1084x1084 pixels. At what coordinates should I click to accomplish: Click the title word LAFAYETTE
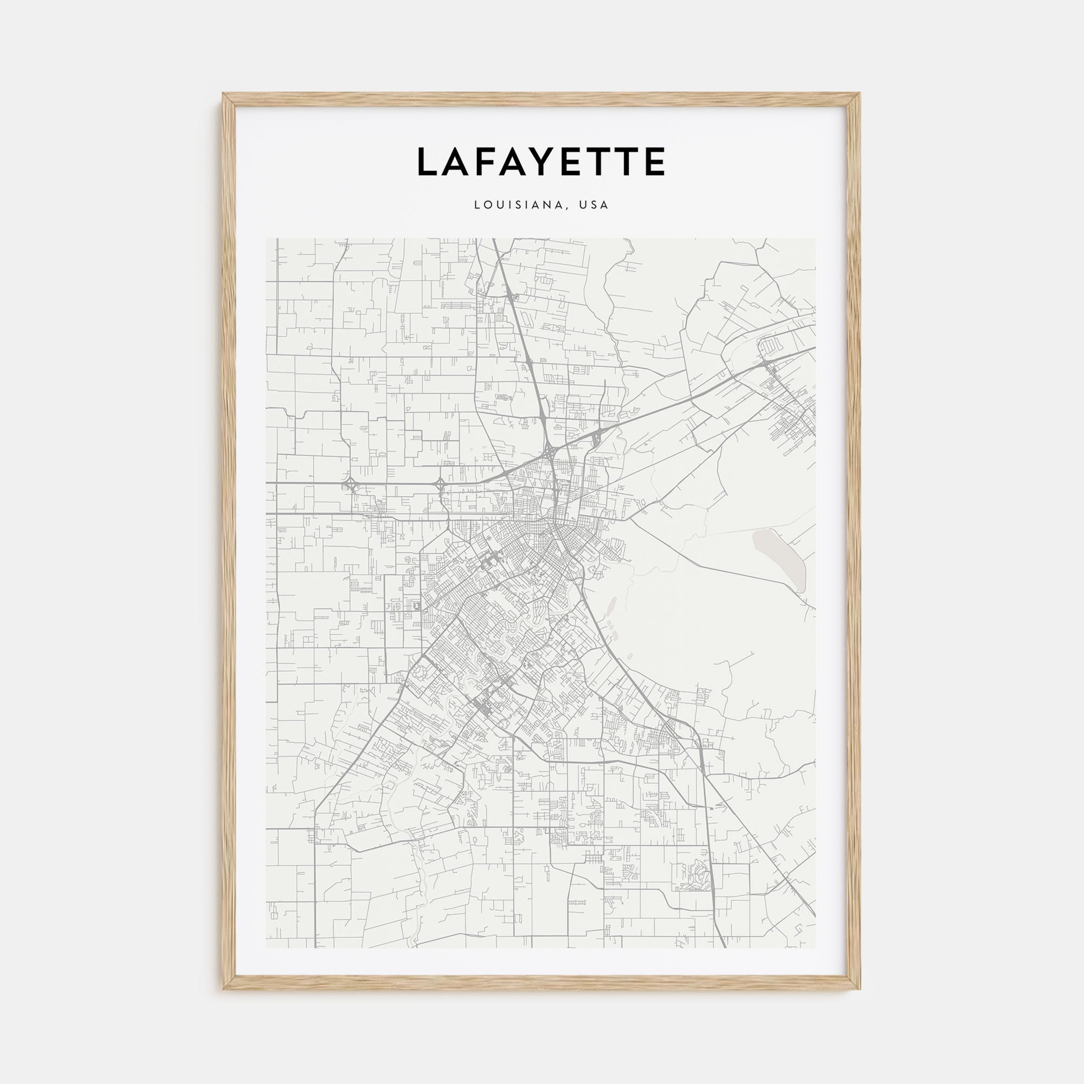point(541,162)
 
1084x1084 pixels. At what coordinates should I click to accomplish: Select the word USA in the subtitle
point(594,205)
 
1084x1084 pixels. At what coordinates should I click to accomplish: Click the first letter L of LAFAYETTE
point(428,162)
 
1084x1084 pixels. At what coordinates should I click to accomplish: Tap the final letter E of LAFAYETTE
point(655,162)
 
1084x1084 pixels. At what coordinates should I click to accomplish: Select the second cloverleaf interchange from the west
point(441,483)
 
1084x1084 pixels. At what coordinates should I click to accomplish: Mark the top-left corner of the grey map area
point(266,238)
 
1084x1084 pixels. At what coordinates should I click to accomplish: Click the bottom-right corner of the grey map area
point(816,948)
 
